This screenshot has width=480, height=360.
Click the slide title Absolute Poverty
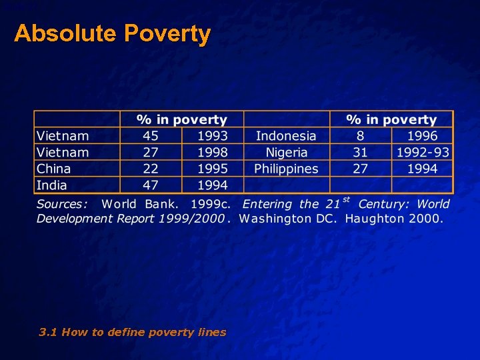tap(112, 33)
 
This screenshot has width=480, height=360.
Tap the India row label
tap(51, 185)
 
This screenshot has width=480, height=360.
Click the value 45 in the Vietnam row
tap(151, 136)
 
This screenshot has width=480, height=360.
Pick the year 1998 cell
tap(213, 153)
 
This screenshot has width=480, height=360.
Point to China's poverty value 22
tap(151, 169)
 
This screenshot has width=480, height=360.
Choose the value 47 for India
tap(151, 185)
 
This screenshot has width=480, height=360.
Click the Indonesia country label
tap(286, 136)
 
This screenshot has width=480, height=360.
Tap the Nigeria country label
tap(286, 153)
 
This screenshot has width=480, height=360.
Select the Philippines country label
tap(286, 169)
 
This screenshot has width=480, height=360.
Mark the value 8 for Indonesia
tap(360, 136)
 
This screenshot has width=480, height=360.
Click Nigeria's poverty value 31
tap(360, 153)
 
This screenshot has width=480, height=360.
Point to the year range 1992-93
tap(423, 153)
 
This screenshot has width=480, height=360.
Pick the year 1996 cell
tap(423, 136)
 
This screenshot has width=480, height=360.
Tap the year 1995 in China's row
tap(213, 169)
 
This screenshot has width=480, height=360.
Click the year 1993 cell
tap(213, 136)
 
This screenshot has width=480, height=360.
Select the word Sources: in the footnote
tap(62, 205)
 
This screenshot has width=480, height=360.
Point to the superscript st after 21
tap(346, 199)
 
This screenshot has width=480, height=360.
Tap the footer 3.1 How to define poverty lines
tap(132, 332)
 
